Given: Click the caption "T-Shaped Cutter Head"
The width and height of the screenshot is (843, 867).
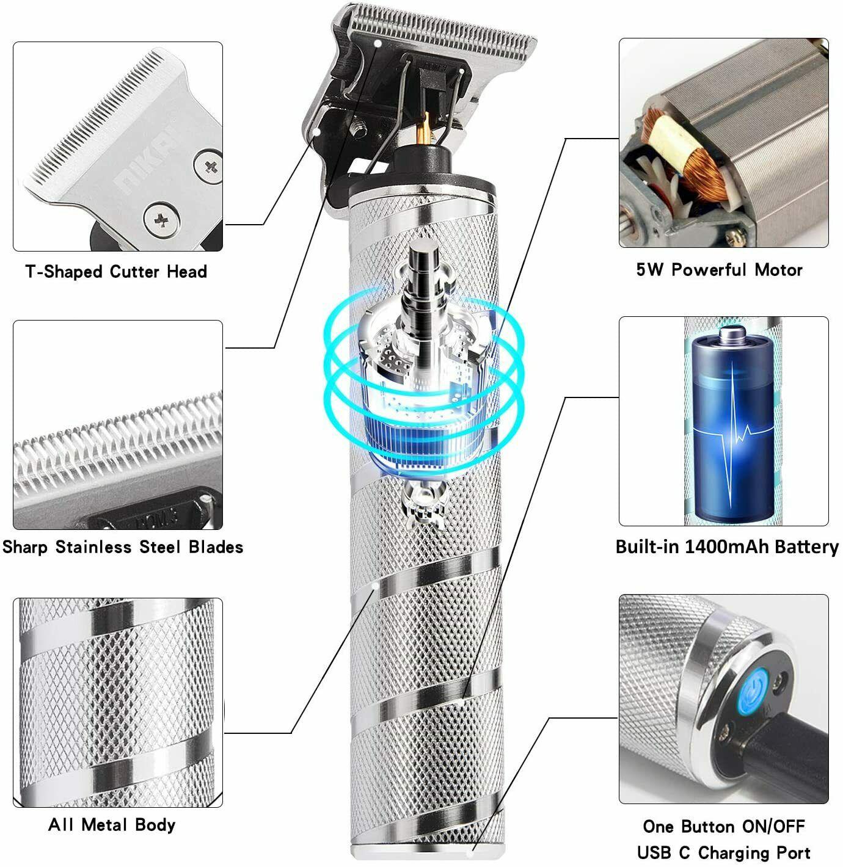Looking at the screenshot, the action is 116,271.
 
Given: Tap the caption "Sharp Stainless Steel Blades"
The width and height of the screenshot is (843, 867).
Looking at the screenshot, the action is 123,546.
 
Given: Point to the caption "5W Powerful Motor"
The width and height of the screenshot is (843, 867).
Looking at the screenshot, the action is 719,269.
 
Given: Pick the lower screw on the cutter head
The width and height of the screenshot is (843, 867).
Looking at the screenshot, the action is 161,219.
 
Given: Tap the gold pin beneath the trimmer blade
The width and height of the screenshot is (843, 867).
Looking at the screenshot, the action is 426,129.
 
